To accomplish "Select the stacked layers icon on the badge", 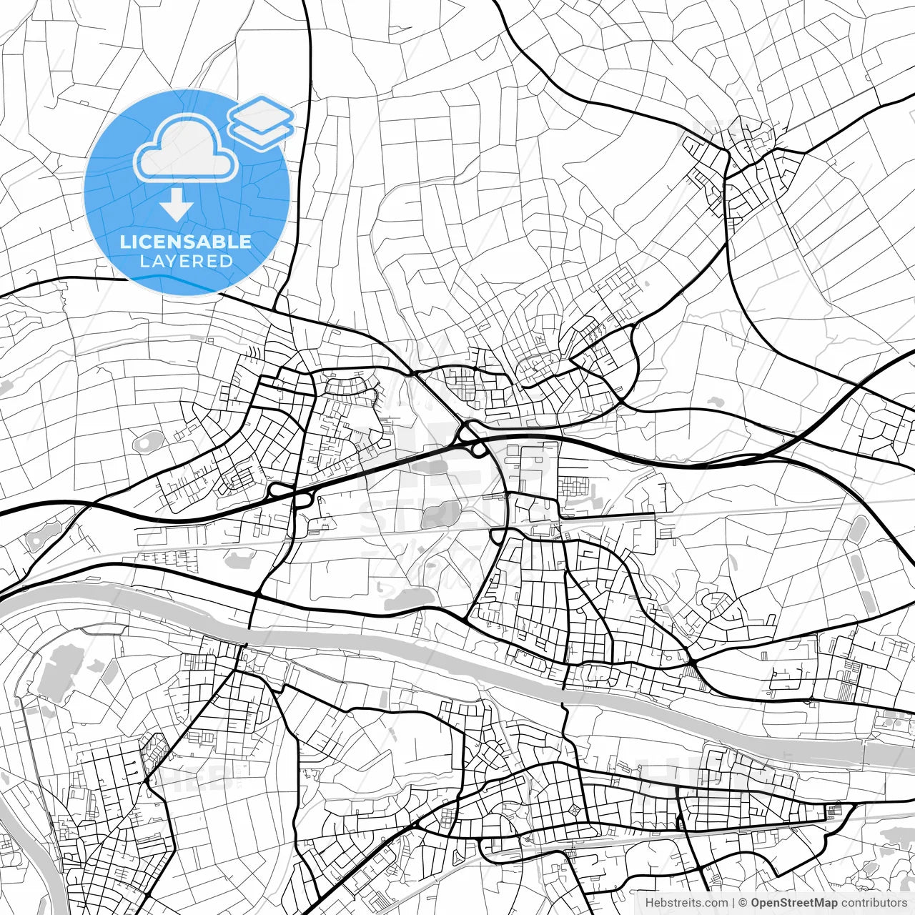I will point(261,122).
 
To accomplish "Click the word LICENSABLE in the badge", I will point(185,242).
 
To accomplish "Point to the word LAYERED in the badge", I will point(186,262).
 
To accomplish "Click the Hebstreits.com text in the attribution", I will point(686,903).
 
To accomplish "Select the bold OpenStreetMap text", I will point(793,903).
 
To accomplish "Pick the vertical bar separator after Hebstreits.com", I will point(733,903).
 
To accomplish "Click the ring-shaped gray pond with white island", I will point(147,442).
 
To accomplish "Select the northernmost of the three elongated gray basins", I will point(857,530).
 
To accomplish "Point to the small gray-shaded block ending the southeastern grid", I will point(834,811).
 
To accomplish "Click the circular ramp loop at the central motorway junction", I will point(469,433).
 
